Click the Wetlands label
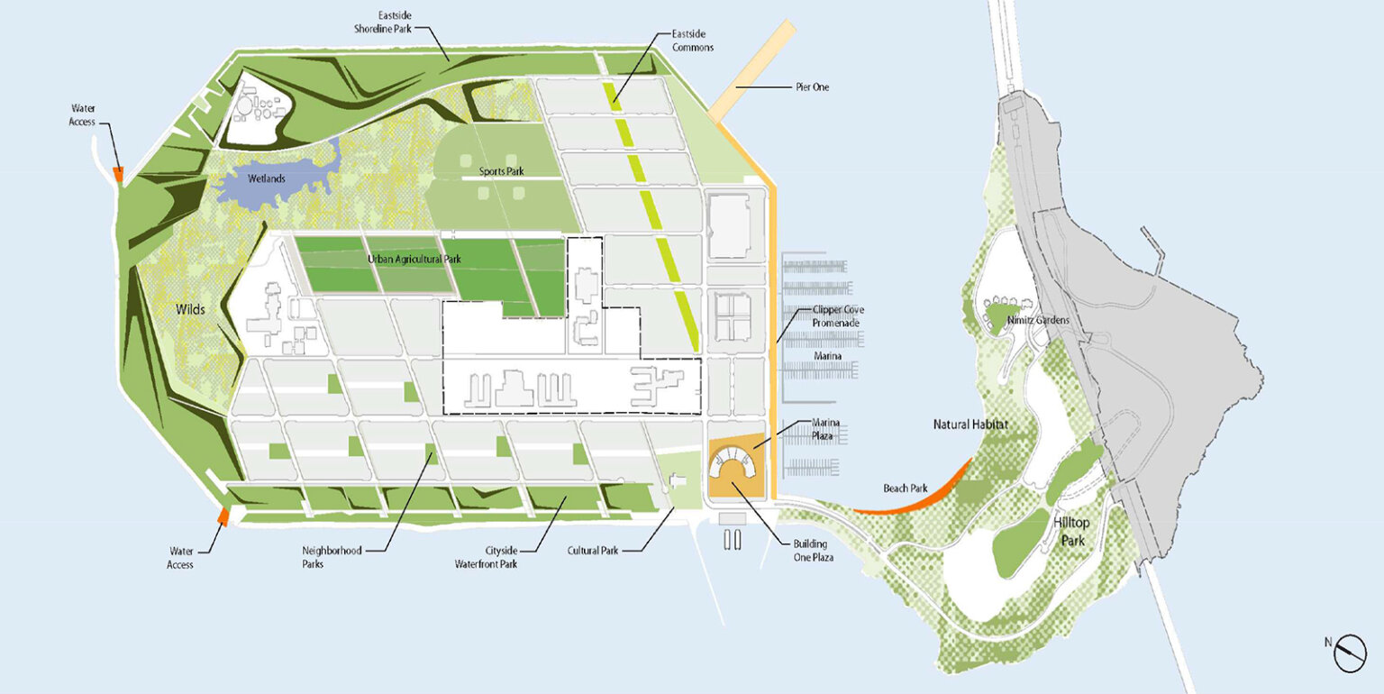(268, 178)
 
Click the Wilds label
(191, 309)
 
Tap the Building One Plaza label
(812, 551)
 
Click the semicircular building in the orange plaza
(736, 465)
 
